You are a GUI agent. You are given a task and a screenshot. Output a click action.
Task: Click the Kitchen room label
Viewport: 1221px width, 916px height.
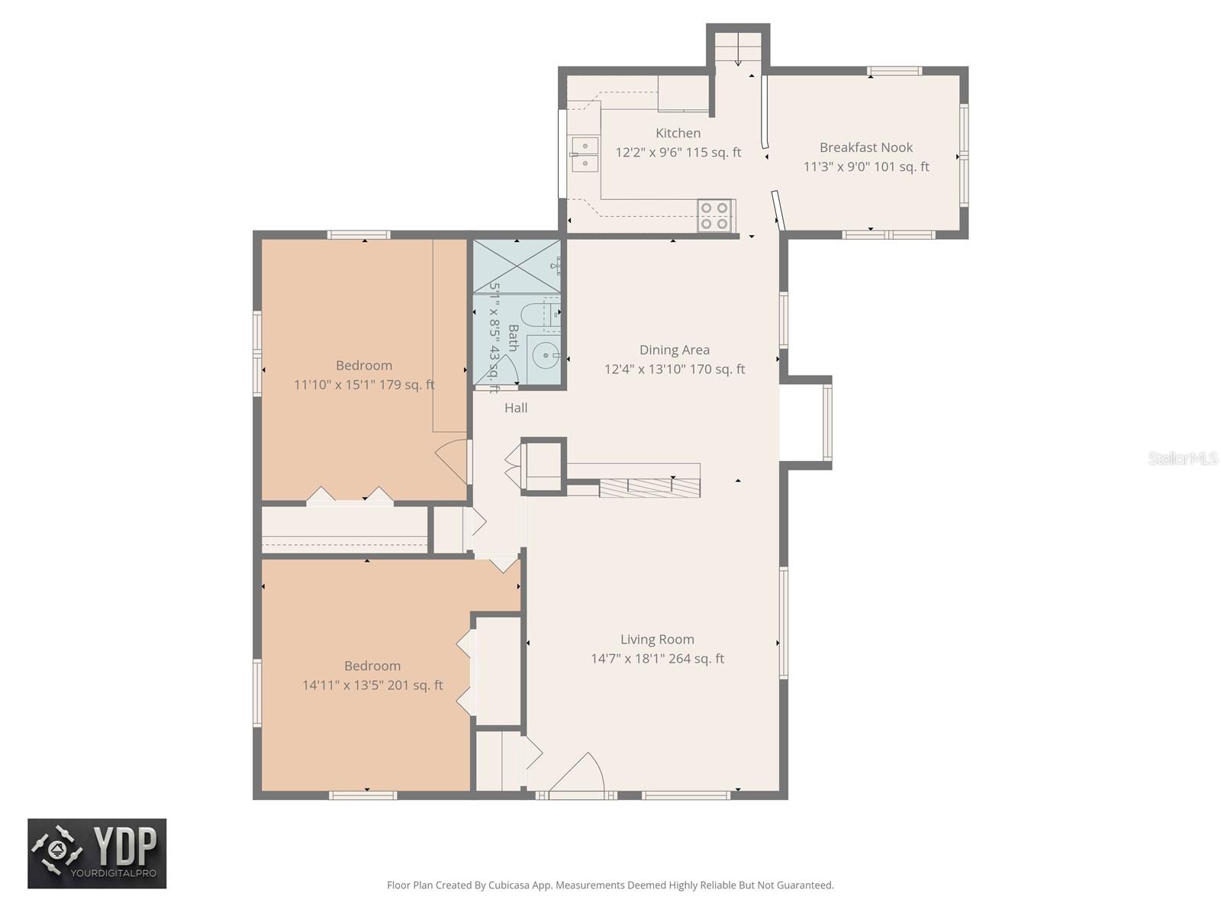[x=678, y=133]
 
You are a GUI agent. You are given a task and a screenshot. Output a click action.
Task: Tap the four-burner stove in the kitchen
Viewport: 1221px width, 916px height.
[x=716, y=215]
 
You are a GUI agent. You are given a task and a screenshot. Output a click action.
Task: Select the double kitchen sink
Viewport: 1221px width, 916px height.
[x=585, y=154]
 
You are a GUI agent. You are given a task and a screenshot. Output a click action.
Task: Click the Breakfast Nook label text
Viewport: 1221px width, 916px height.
[x=865, y=147]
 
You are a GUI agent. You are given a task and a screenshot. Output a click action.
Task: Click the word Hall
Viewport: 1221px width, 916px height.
[x=516, y=408]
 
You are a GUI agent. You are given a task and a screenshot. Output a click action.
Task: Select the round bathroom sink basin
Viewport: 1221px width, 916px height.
[x=545, y=355]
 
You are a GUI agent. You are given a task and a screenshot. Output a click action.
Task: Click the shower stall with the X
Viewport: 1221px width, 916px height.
[x=517, y=266]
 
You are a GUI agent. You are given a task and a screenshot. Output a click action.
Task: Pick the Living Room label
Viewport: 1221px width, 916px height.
[x=657, y=640]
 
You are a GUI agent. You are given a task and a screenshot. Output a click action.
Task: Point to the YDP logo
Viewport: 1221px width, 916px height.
[x=97, y=853]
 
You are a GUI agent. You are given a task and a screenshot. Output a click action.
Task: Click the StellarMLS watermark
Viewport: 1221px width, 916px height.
[x=1182, y=458]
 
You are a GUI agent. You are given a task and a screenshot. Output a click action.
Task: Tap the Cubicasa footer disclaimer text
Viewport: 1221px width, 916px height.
[x=610, y=885]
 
